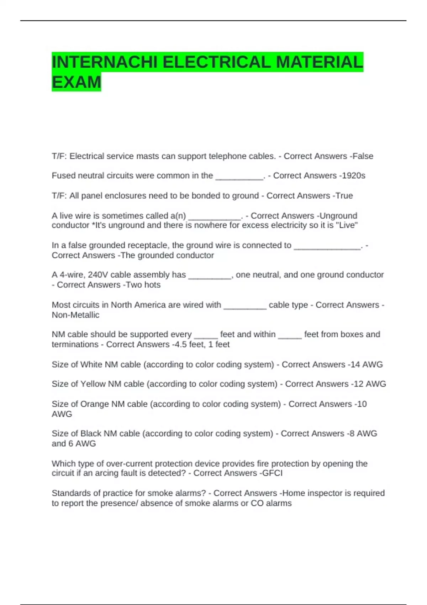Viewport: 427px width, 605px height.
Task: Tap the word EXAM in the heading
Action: [77, 82]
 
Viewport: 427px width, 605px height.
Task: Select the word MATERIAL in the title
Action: [319, 62]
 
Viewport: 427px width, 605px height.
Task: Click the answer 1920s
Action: [353, 175]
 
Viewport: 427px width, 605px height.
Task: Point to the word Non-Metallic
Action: [75, 315]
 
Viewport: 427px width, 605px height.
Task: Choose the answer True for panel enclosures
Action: [344, 196]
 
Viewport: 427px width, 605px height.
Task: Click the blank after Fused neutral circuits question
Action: [239, 176]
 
